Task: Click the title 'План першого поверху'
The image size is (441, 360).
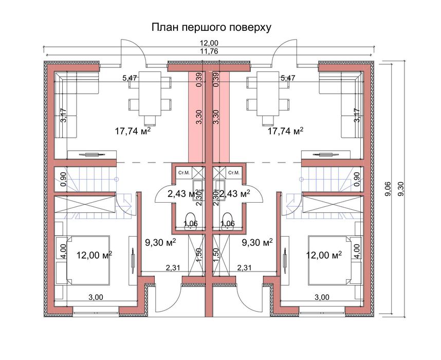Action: coord(211,27)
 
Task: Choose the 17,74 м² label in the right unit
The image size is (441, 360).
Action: coord(286,131)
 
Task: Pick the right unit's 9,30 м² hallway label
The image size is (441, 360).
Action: coord(257,242)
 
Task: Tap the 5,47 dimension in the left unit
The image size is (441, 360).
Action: coord(130,78)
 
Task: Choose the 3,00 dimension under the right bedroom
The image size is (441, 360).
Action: coord(322,297)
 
